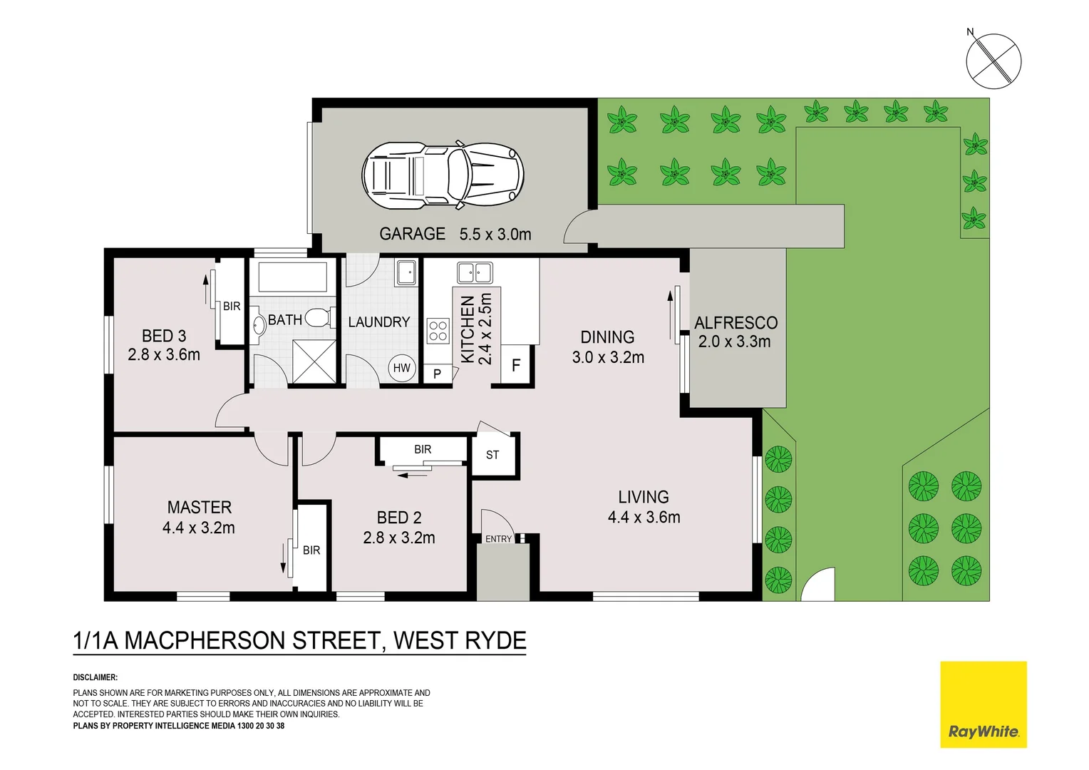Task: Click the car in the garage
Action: (443, 175)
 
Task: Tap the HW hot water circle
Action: (401, 368)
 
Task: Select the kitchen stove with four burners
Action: (438, 331)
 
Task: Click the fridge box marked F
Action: (516, 365)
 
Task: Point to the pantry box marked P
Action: (437, 374)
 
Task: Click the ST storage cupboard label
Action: (492, 455)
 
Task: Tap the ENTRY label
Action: (498, 539)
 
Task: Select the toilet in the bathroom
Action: (321, 318)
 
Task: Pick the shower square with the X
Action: (314, 362)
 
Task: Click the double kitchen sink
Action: (475, 273)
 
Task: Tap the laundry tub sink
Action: (406, 272)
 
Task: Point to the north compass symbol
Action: (993, 61)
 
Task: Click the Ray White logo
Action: (984, 704)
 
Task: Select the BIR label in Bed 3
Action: (232, 307)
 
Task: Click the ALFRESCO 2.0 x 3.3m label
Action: (735, 332)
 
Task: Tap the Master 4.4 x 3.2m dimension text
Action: (199, 528)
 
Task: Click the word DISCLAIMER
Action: (96, 677)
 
